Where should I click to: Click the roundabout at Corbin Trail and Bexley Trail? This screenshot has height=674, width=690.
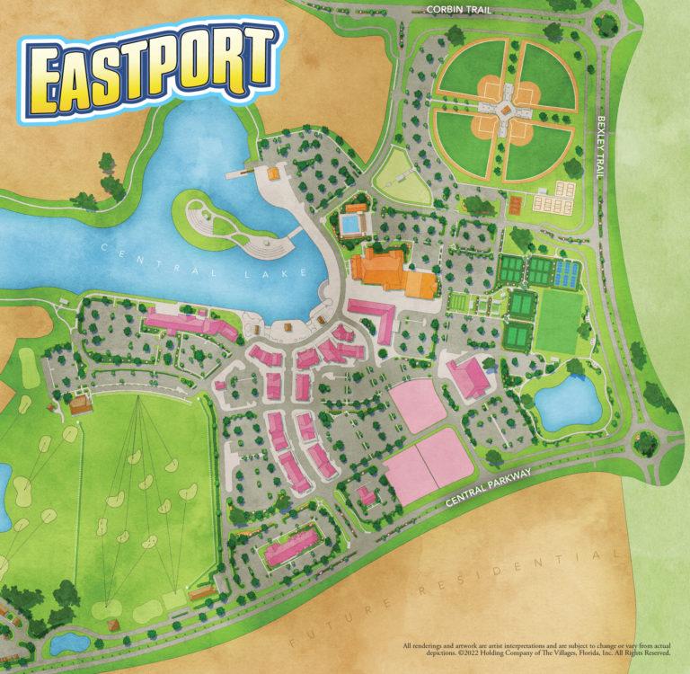608,22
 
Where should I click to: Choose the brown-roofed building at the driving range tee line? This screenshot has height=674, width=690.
82,404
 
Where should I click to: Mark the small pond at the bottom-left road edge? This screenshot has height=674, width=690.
64,643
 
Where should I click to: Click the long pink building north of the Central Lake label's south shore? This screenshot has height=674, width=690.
189,324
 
